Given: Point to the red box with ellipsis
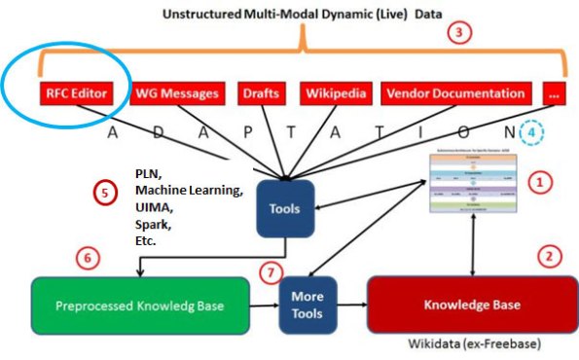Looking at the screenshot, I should point(552,94).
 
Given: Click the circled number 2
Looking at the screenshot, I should point(549,256).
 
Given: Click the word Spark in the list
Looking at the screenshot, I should point(151,223).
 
